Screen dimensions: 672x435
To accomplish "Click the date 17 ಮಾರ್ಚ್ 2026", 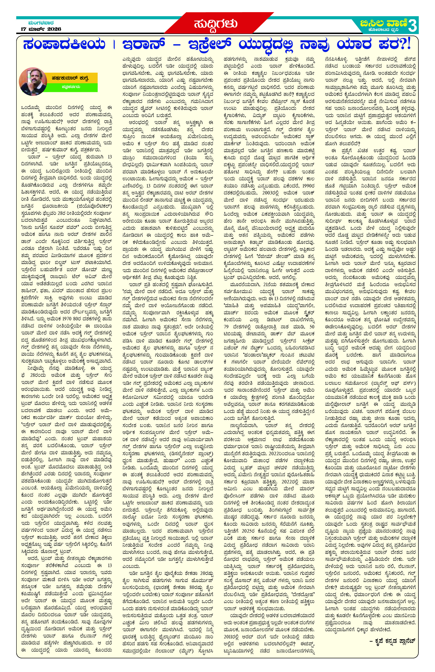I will click(41, 29).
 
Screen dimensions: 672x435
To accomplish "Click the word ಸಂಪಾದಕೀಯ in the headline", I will click(64, 45).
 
